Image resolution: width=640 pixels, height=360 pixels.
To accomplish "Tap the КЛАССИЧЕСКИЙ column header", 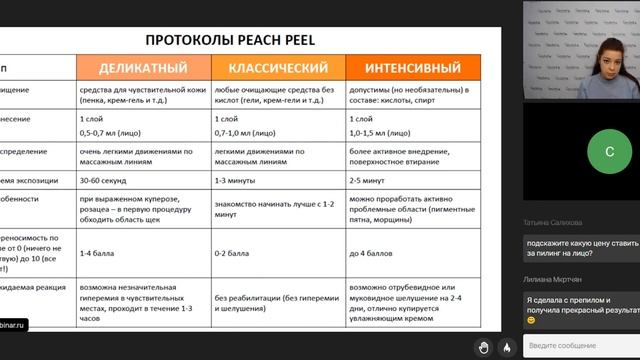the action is click(279, 68).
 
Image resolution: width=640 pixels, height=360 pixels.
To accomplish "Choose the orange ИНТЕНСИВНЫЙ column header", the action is click(410, 68).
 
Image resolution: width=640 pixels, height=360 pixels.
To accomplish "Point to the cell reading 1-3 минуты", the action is click(235, 182).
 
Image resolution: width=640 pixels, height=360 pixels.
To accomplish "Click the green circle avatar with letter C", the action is click(581, 153).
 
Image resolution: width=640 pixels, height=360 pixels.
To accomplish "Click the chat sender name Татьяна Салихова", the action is click(557, 223).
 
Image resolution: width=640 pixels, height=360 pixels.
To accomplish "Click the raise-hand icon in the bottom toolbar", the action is click(483, 346).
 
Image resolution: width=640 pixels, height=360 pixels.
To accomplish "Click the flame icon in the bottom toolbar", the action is click(507, 346).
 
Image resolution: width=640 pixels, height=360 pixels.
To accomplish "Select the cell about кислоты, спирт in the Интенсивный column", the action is click(409, 95).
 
